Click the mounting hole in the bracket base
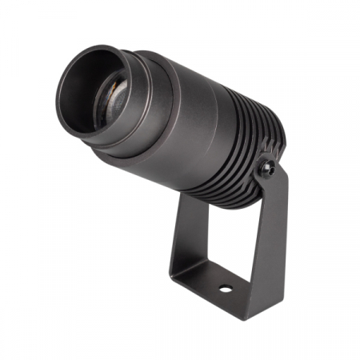(226, 287)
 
